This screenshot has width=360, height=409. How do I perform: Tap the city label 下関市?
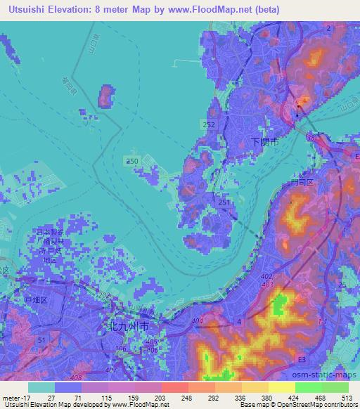coord(264,141)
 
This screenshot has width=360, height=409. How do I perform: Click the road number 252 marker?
coord(209,124)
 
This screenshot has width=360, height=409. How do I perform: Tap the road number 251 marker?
coord(224,202)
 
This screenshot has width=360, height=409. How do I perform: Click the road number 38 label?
coord(311,138)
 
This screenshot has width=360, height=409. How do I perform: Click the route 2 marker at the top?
coord(328,27)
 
